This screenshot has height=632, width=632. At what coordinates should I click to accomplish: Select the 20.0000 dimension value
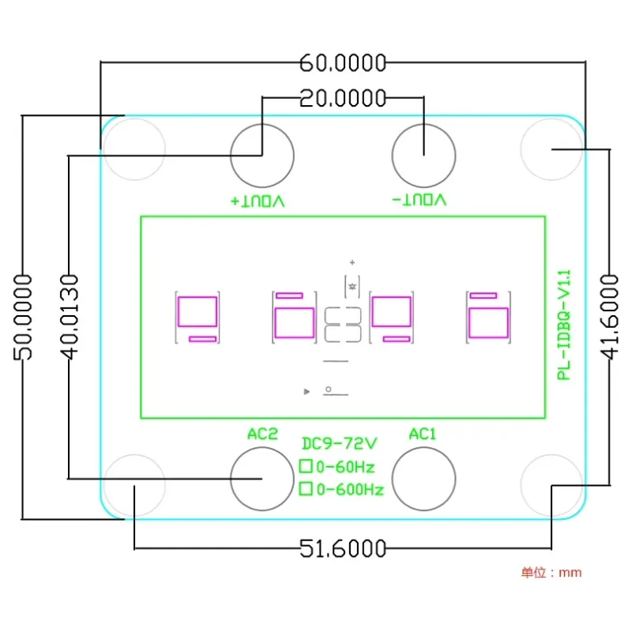tap(343, 98)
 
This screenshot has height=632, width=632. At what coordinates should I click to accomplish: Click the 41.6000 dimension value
tap(609, 317)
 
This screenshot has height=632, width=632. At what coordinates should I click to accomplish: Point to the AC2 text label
tap(263, 434)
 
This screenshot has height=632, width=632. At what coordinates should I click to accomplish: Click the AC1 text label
tap(423, 434)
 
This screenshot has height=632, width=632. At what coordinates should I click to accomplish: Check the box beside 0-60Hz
tap(307, 466)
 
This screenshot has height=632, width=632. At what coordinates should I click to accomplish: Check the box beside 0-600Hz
tap(307, 489)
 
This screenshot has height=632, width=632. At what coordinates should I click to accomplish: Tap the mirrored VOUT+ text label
tap(258, 200)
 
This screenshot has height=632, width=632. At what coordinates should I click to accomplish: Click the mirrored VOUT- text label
tap(419, 200)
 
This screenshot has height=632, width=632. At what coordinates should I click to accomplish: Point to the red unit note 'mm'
tap(570, 572)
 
